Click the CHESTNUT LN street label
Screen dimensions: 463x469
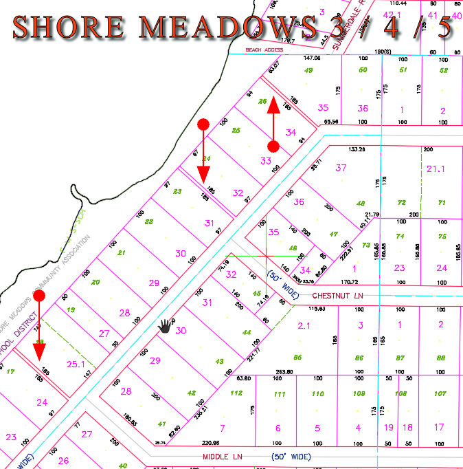(337, 294)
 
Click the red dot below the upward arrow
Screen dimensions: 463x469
(273, 146)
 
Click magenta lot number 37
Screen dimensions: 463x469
(341, 168)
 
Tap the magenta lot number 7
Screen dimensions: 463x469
(222, 428)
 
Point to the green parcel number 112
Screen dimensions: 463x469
(236, 393)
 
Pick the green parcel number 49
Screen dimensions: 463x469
(308, 70)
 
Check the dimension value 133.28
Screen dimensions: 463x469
(357, 149)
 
